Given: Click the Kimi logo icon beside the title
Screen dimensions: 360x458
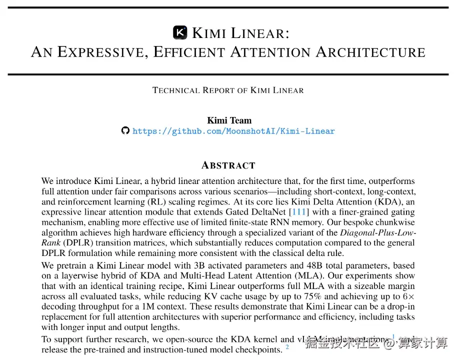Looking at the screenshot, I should tap(180, 32).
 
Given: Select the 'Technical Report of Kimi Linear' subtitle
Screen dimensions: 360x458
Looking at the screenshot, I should tap(228, 90).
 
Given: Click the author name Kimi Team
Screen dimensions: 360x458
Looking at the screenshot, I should tap(229, 120).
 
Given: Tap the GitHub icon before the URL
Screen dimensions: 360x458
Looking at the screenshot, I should tap(125, 131).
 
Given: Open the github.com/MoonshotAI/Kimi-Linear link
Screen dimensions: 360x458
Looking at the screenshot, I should tap(233, 131).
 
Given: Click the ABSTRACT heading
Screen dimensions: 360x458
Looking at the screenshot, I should tap(228, 165).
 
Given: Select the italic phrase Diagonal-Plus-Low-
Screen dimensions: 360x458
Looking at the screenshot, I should tap(378, 233).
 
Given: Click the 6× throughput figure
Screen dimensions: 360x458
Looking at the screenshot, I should tap(409, 296).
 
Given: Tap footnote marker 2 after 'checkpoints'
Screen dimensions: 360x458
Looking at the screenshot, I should tap(287, 346).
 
